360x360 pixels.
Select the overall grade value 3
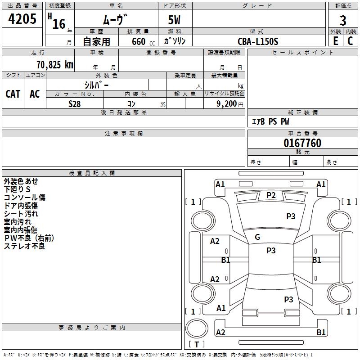(x=343, y=21)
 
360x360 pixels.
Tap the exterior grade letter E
(x=335, y=40)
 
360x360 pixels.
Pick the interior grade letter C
(x=351, y=40)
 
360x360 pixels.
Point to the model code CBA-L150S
(x=258, y=41)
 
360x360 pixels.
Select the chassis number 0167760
(x=302, y=144)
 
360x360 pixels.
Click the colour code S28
(x=74, y=103)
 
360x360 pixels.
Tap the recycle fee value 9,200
(x=226, y=103)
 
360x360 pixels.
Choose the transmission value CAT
(x=13, y=94)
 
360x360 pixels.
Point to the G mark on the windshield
(x=257, y=237)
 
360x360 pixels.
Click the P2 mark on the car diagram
(x=271, y=195)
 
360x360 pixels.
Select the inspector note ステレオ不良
(x=24, y=246)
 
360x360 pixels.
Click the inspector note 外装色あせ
(x=21, y=181)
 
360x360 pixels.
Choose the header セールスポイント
(x=303, y=53)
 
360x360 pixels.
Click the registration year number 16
(x=58, y=23)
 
